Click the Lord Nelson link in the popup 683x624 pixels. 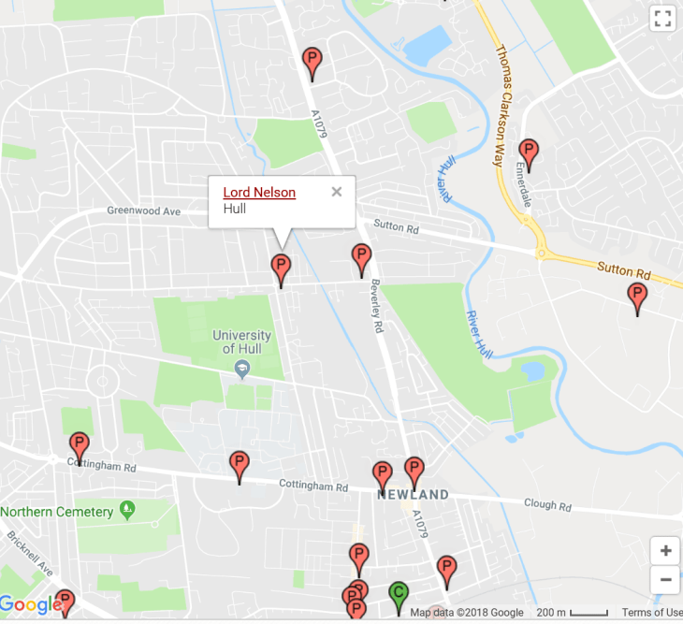[259, 193]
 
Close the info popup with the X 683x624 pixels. [337, 192]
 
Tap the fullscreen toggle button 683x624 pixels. [662, 18]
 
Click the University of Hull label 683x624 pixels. [241, 341]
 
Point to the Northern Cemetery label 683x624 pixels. [57, 512]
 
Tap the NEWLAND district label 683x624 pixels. [413, 494]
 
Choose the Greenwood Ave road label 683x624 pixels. [143, 211]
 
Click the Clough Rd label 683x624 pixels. [547, 505]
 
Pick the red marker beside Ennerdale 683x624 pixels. [529, 152]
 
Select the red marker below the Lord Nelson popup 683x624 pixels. [281, 268]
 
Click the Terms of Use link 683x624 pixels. [652, 613]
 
